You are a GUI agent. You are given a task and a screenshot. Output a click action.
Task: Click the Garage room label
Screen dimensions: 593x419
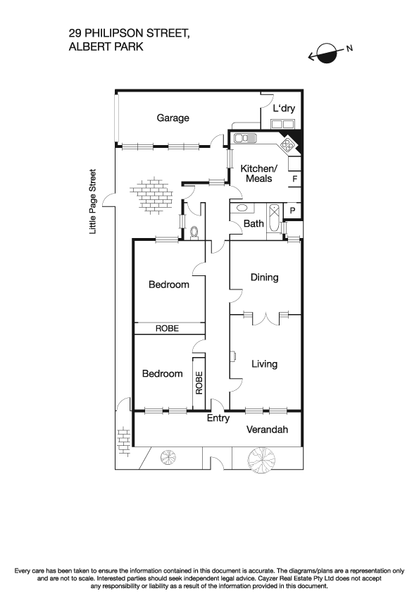[x=173, y=118]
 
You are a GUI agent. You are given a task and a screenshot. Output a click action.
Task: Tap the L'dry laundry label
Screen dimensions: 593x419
[x=283, y=108]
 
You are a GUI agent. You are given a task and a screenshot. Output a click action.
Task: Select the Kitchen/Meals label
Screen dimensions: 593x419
[x=259, y=173]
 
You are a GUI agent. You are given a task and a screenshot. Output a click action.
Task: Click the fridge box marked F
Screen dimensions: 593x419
[x=294, y=179]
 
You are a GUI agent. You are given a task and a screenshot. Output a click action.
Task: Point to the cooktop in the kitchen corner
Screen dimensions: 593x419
[x=289, y=145]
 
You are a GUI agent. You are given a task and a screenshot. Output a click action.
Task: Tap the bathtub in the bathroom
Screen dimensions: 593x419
[x=274, y=211]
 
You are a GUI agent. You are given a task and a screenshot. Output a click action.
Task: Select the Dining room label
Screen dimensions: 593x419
[x=264, y=277]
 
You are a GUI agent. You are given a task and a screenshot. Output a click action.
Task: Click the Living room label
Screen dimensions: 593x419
[x=264, y=364]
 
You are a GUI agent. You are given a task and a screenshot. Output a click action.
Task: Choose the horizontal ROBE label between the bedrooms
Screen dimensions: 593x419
[x=168, y=329]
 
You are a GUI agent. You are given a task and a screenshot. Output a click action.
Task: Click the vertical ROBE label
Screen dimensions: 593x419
[x=199, y=382]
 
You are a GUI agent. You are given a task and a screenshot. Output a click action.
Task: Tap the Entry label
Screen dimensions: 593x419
[x=218, y=418]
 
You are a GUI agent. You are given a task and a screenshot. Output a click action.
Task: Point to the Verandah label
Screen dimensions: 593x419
[x=268, y=430]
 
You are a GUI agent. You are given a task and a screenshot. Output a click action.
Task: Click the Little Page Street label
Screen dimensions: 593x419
[x=92, y=201]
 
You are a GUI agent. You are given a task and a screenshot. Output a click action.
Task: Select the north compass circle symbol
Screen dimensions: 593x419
[x=327, y=53]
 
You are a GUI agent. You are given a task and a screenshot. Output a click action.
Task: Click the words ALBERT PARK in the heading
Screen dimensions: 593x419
[x=106, y=46]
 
